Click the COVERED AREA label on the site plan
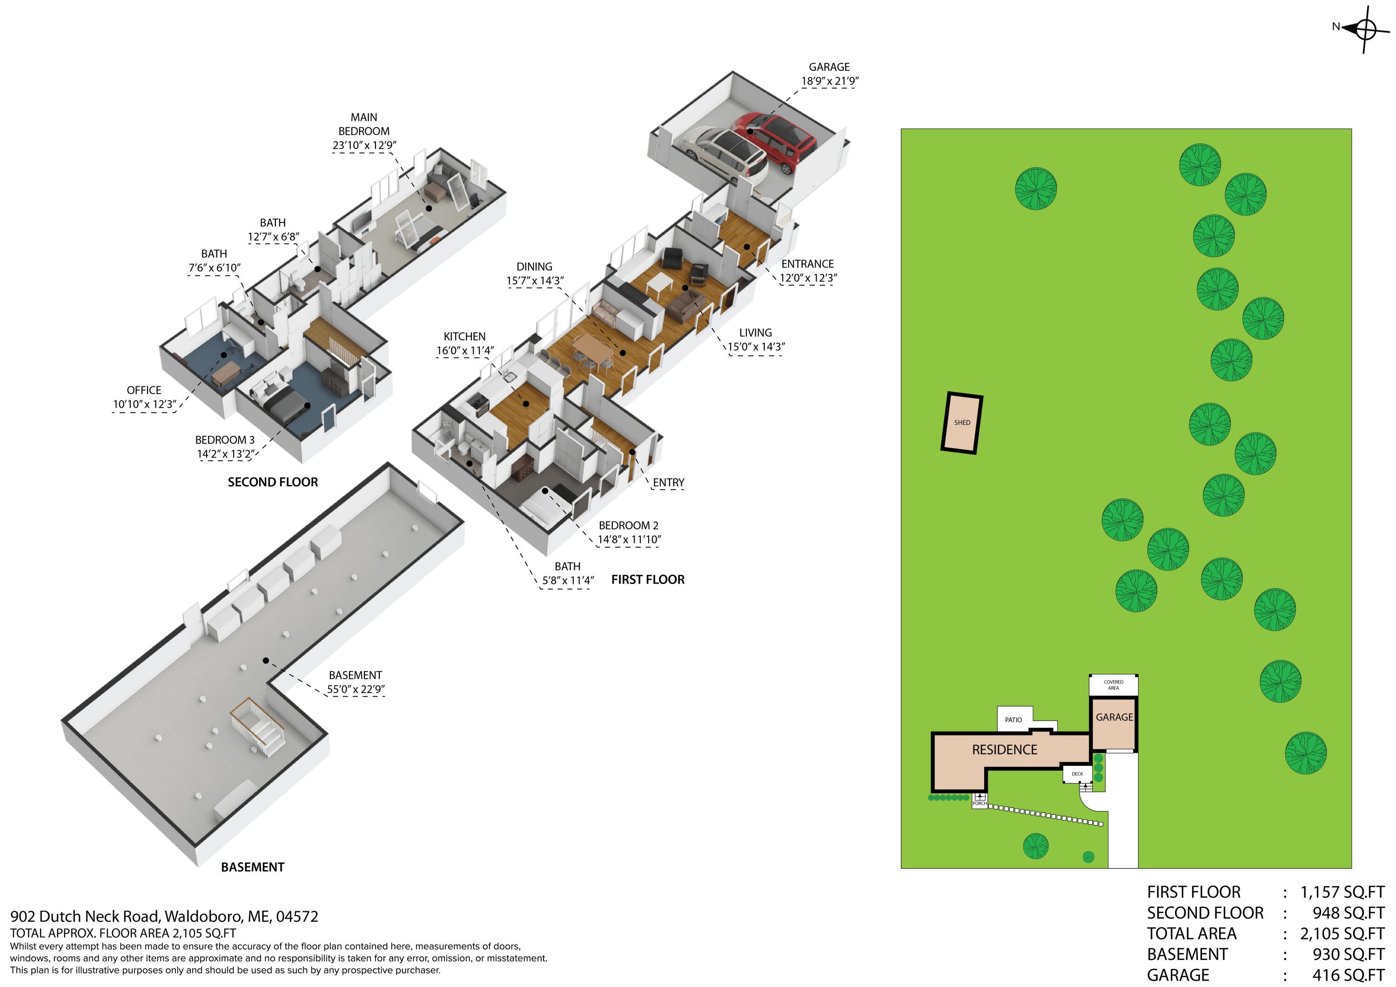(x=1113, y=685)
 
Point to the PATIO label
(x=1013, y=720)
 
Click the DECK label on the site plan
(x=1077, y=774)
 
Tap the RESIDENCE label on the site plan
(x=1005, y=750)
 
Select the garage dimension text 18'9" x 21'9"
(x=829, y=81)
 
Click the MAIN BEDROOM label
(x=363, y=124)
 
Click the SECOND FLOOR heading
(x=272, y=482)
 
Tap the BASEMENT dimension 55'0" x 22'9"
(x=356, y=690)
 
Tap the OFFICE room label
(x=144, y=390)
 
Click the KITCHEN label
(x=464, y=337)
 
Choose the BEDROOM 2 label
(x=629, y=525)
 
